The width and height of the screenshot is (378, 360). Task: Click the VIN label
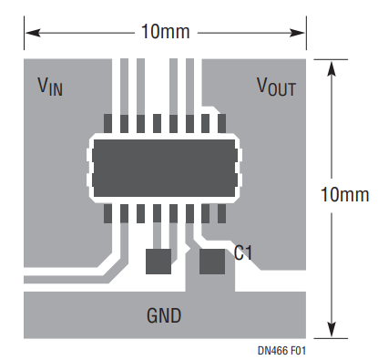[x=49, y=87]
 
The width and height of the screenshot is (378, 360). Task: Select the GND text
[x=164, y=316]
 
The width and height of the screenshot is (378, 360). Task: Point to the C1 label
[x=243, y=252]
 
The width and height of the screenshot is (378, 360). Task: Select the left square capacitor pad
[x=158, y=261]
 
